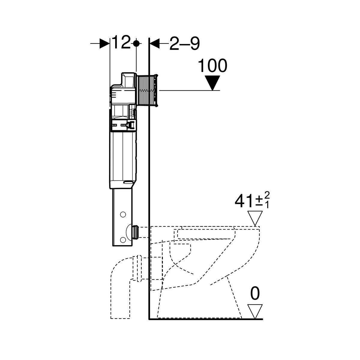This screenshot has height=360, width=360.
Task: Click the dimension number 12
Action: (121, 42)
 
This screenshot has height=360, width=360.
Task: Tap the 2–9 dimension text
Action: (184, 43)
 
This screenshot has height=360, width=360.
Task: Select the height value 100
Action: (212, 65)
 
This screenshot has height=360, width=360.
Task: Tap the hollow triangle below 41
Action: (255, 218)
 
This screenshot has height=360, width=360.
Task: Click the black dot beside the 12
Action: (136, 43)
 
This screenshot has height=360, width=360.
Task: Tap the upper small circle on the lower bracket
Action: (123, 214)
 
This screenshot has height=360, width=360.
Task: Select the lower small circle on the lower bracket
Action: (123, 240)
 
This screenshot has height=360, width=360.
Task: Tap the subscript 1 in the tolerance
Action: (267, 205)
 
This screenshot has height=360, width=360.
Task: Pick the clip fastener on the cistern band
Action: (131, 124)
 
